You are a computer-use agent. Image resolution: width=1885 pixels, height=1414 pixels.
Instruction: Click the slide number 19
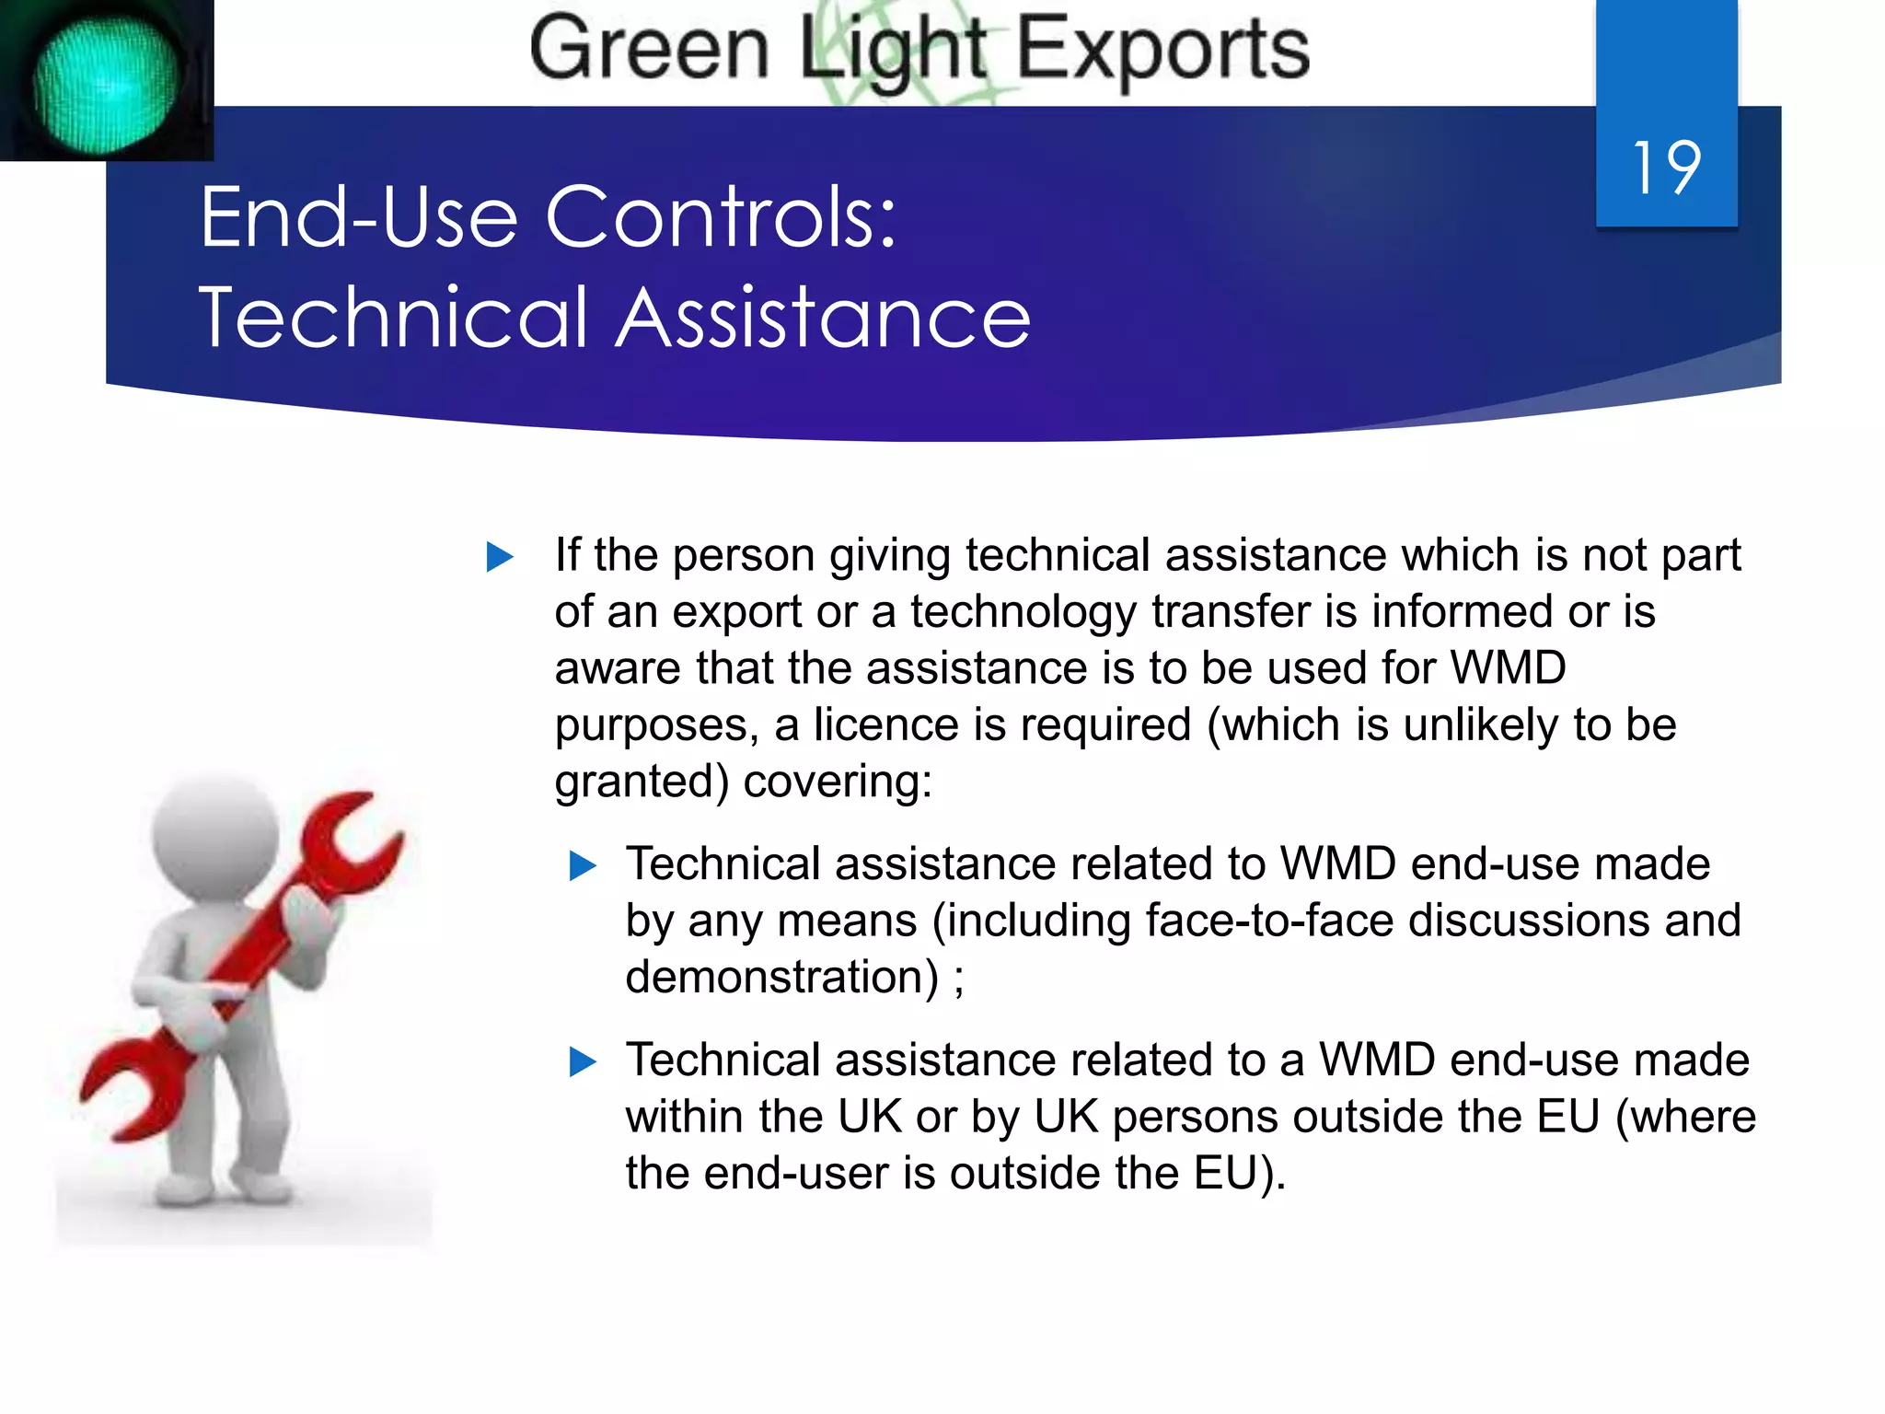click(1666, 168)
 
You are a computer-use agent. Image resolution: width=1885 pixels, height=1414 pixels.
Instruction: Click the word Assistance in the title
click(823, 318)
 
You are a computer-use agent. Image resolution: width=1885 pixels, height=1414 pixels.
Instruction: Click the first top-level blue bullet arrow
click(499, 556)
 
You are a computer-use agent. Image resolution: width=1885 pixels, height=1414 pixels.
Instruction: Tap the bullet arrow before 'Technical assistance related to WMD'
click(583, 865)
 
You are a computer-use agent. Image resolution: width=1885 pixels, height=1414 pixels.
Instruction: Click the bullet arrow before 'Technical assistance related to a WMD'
click(583, 1061)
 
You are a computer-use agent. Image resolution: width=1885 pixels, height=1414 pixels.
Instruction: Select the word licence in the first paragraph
click(885, 724)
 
